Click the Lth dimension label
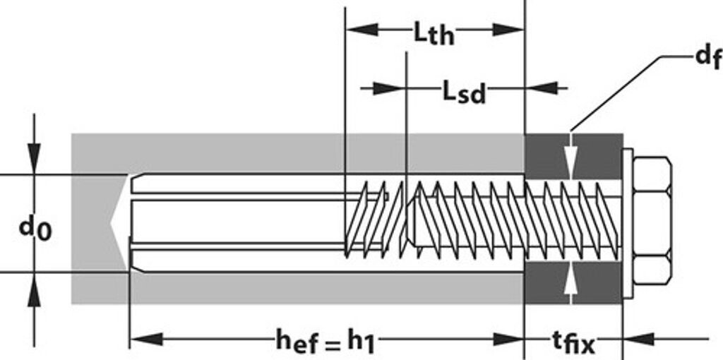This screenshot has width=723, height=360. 433,33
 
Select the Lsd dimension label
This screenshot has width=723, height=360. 464,92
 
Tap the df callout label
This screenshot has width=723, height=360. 708,57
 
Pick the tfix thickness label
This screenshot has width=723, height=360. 573,343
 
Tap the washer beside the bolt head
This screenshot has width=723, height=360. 626,223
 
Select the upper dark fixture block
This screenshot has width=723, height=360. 573,156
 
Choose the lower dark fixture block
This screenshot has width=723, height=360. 573,282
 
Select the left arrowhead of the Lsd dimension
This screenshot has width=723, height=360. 390,88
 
